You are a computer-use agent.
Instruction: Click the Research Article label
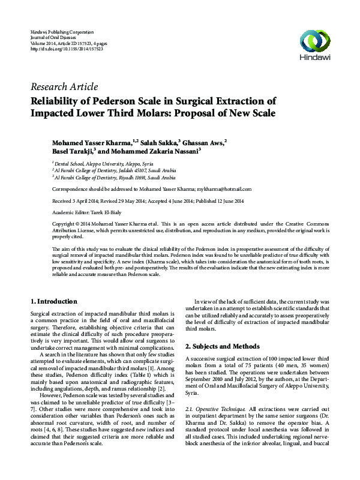click(x=64, y=87)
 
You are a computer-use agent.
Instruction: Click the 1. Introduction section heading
click(x=53, y=301)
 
